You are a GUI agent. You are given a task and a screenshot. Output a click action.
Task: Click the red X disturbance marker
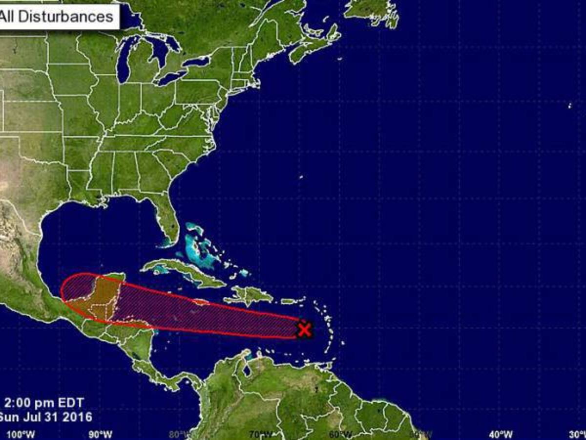point(304,330)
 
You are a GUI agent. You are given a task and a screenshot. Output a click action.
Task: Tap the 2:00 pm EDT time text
point(44,403)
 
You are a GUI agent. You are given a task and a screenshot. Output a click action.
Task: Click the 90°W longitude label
point(101,434)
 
